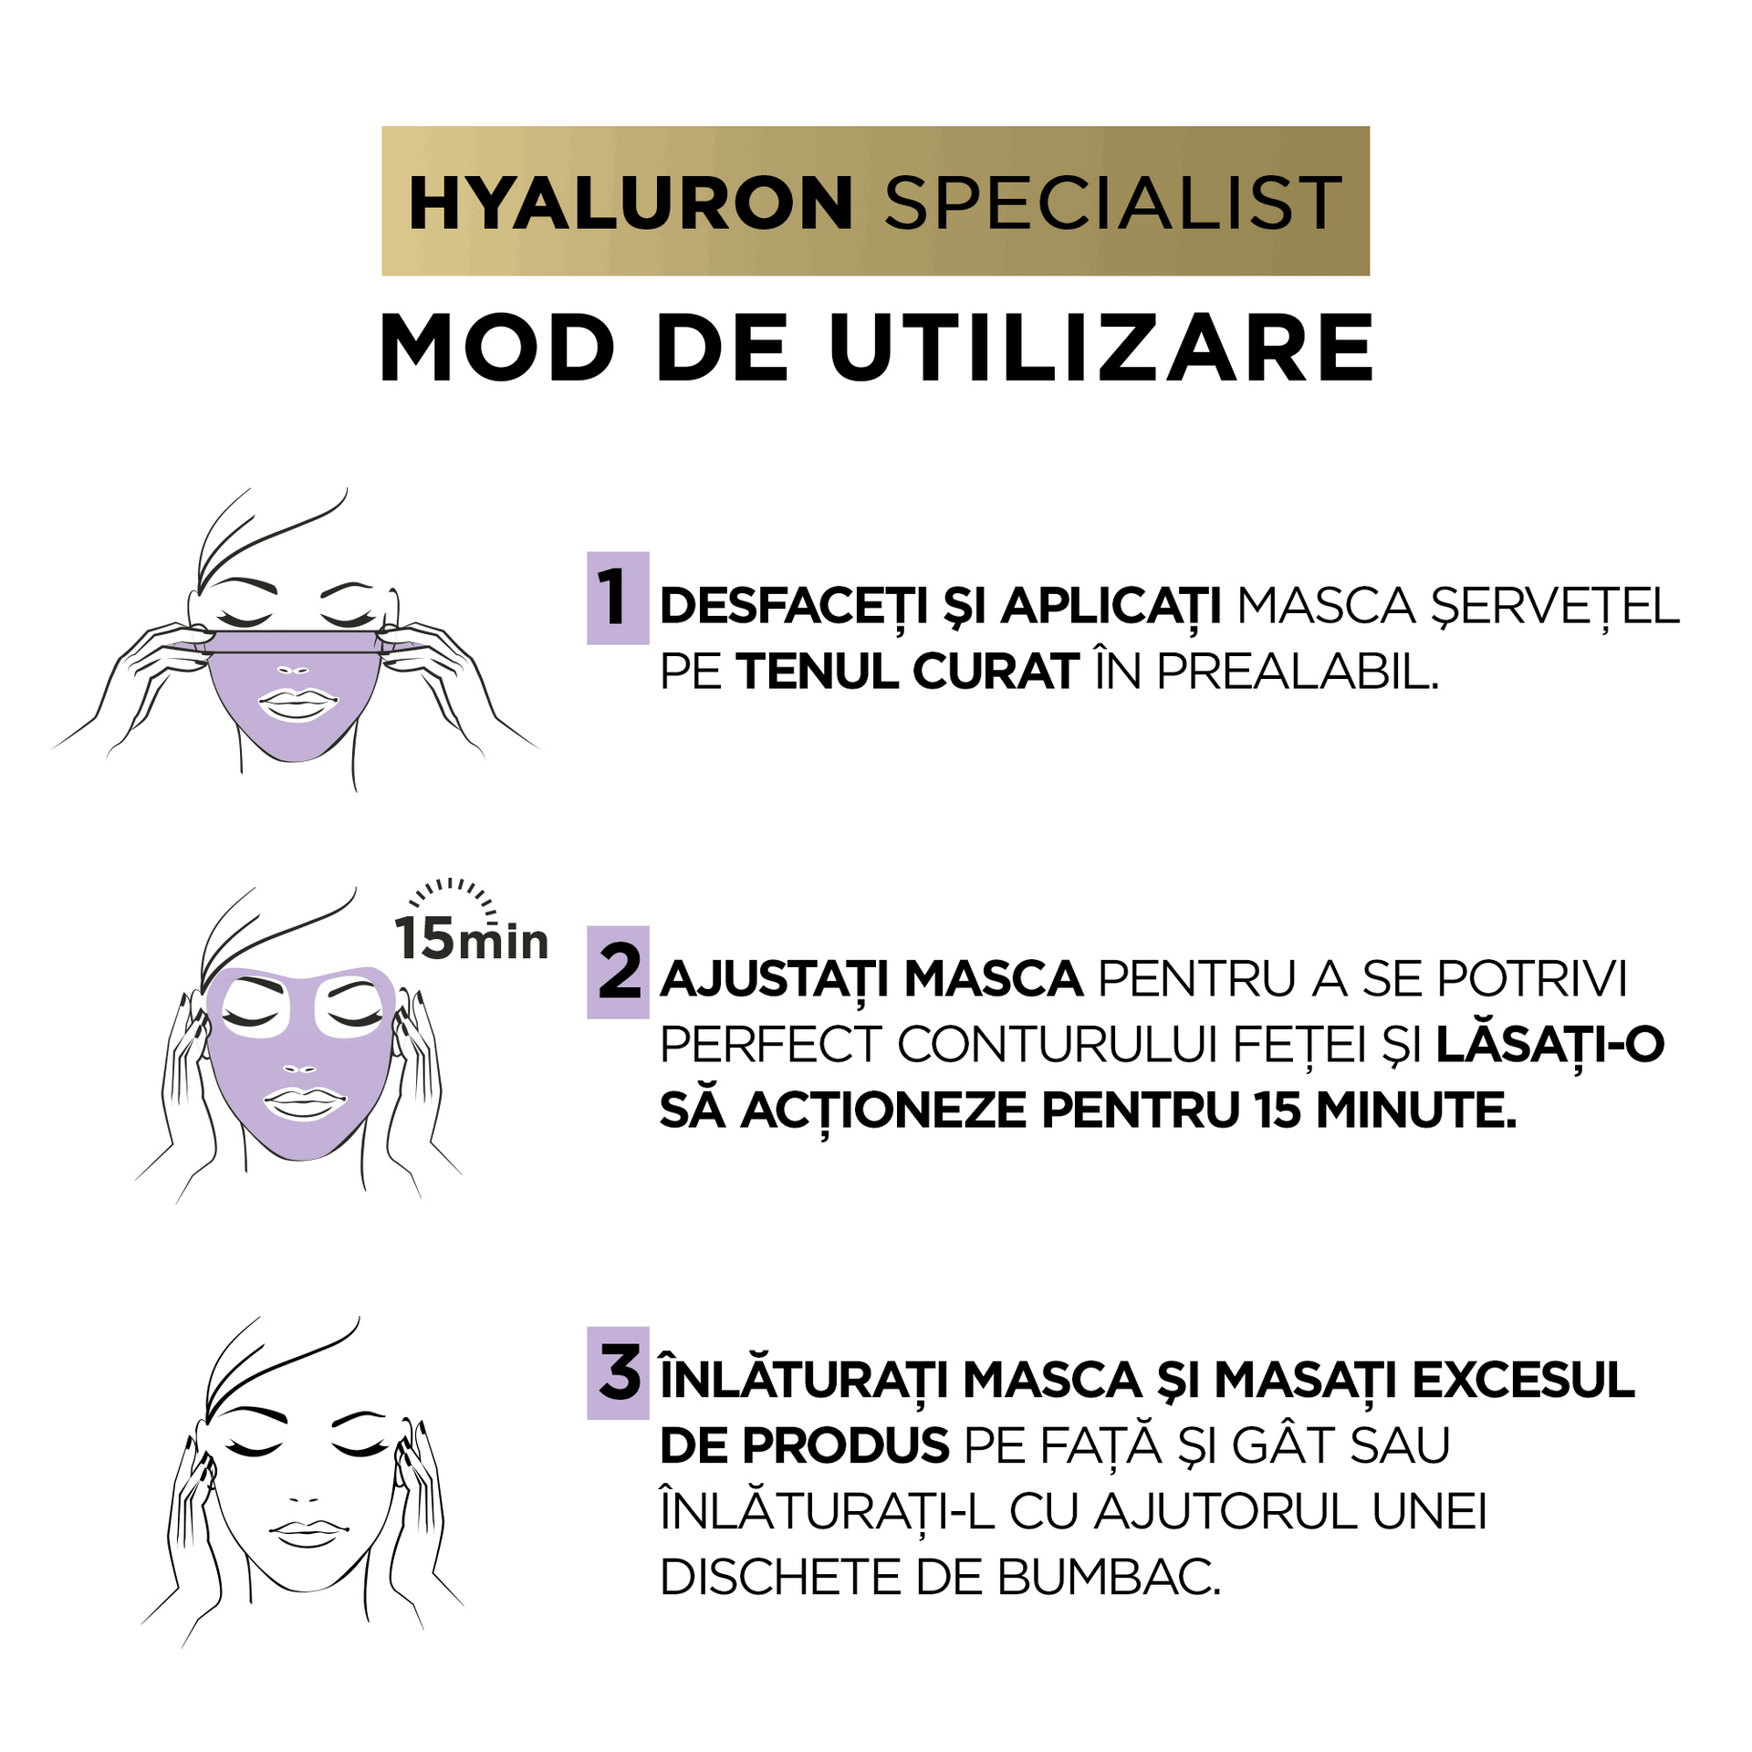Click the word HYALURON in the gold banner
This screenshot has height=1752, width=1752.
click(x=631, y=203)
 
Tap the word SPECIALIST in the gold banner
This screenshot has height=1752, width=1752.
click(x=1112, y=203)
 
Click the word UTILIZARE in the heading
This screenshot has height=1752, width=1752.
click(x=1101, y=349)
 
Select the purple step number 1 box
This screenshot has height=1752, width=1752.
click(x=618, y=598)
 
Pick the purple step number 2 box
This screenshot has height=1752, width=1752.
click(x=618, y=972)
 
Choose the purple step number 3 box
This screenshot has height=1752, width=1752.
click(x=618, y=1373)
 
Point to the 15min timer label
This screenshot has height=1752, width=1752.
click(x=471, y=938)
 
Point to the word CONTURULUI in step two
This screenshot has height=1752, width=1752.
click(x=1058, y=1046)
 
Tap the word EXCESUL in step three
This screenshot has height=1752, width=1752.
click(x=1523, y=1380)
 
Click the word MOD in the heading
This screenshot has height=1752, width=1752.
click(x=497, y=349)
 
